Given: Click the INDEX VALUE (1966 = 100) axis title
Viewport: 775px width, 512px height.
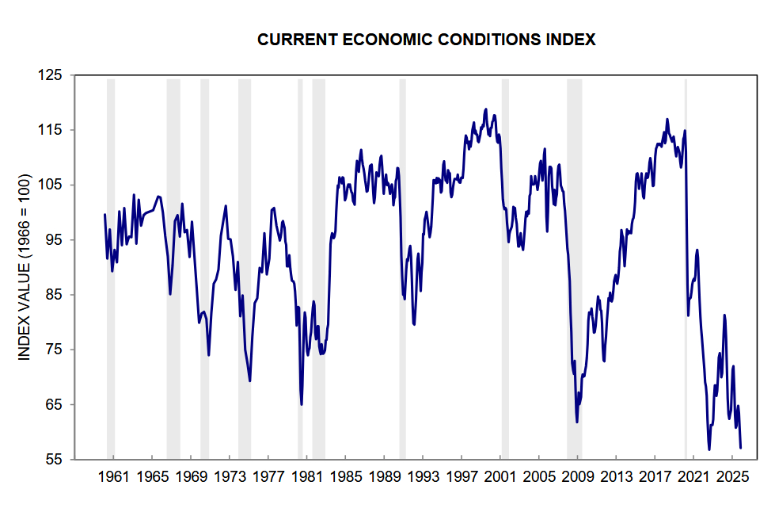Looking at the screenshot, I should [x=25, y=266].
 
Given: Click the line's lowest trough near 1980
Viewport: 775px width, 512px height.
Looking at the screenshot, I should [x=302, y=404].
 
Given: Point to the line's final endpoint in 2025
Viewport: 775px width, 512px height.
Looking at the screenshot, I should [x=740, y=448].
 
